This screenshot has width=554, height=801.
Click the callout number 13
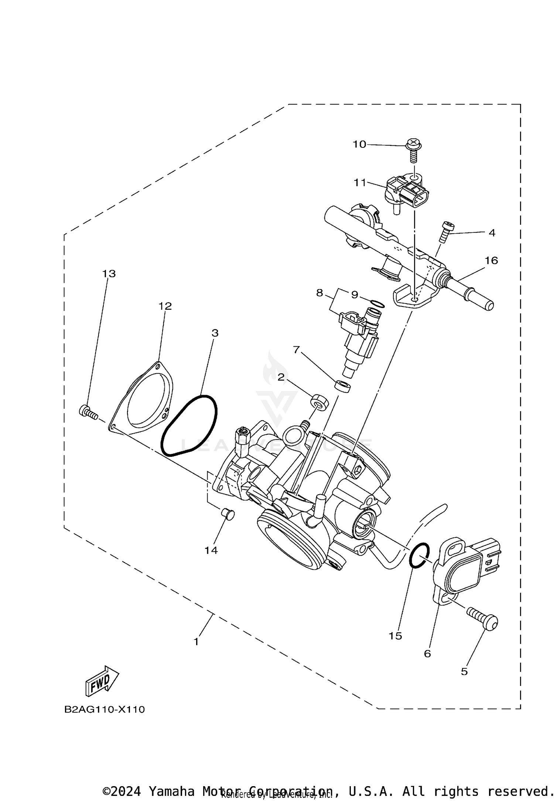(x=109, y=274)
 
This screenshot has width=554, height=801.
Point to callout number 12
(x=165, y=306)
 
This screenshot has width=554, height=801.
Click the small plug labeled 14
(x=229, y=514)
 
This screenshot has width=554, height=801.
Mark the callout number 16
(x=491, y=261)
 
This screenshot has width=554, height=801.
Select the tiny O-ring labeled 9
(x=377, y=304)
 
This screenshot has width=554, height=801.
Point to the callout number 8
(x=319, y=293)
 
